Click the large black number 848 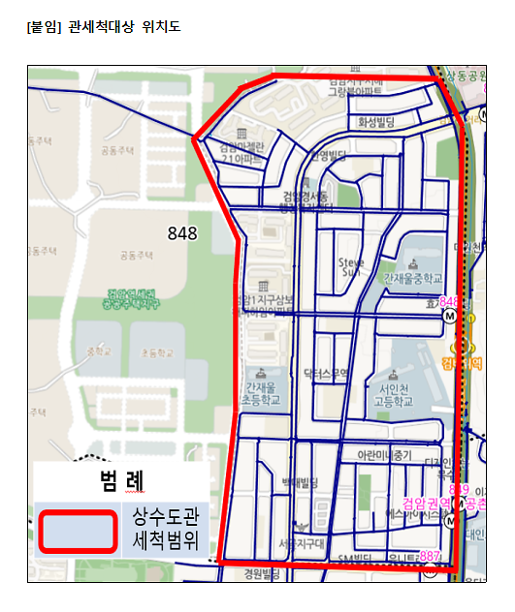tap(181, 232)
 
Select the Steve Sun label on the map tap(349, 266)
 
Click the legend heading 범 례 tap(121, 479)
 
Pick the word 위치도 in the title tap(160, 26)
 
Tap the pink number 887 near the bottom tap(430, 556)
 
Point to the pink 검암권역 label tap(426, 505)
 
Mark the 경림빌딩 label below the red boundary tap(261, 574)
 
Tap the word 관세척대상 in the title tap(101, 26)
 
